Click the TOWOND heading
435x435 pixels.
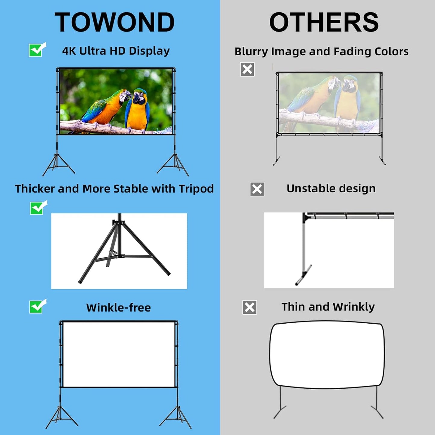tap(114, 22)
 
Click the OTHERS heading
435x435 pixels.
tap(324, 22)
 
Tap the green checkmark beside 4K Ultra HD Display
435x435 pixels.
tap(37, 50)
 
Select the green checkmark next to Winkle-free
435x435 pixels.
tap(37, 306)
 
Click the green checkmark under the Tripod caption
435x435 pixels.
tap(38, 208)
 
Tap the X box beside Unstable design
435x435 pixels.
tap(257, 189)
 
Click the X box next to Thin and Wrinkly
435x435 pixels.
tap(250, 307)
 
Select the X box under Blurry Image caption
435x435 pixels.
tap(247, 69)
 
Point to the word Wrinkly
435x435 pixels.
tap(354, 307)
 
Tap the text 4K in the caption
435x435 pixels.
tap(69, 51)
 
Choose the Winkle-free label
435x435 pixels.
tap(118, 308)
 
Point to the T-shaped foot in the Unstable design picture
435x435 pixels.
tap(303, 275)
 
